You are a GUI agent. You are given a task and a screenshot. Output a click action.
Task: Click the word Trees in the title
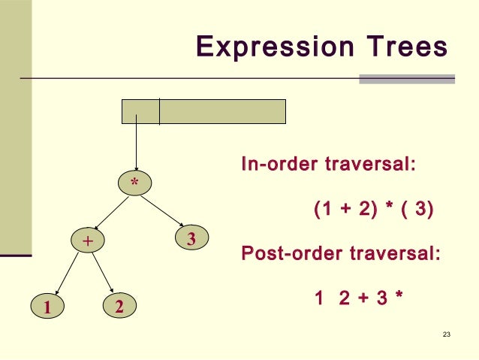401,47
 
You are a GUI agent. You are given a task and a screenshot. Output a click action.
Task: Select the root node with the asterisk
135,183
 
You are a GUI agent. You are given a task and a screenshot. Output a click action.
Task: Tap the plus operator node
87,241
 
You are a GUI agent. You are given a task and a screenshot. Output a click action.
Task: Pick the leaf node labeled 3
191,239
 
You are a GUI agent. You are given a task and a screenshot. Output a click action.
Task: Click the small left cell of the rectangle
140,111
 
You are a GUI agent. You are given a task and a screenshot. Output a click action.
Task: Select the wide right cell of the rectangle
222,111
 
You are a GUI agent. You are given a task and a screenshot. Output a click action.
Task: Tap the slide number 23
447,334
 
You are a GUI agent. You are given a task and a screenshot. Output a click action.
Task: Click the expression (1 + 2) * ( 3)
373,209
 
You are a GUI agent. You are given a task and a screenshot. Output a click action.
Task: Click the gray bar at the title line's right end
407,78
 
